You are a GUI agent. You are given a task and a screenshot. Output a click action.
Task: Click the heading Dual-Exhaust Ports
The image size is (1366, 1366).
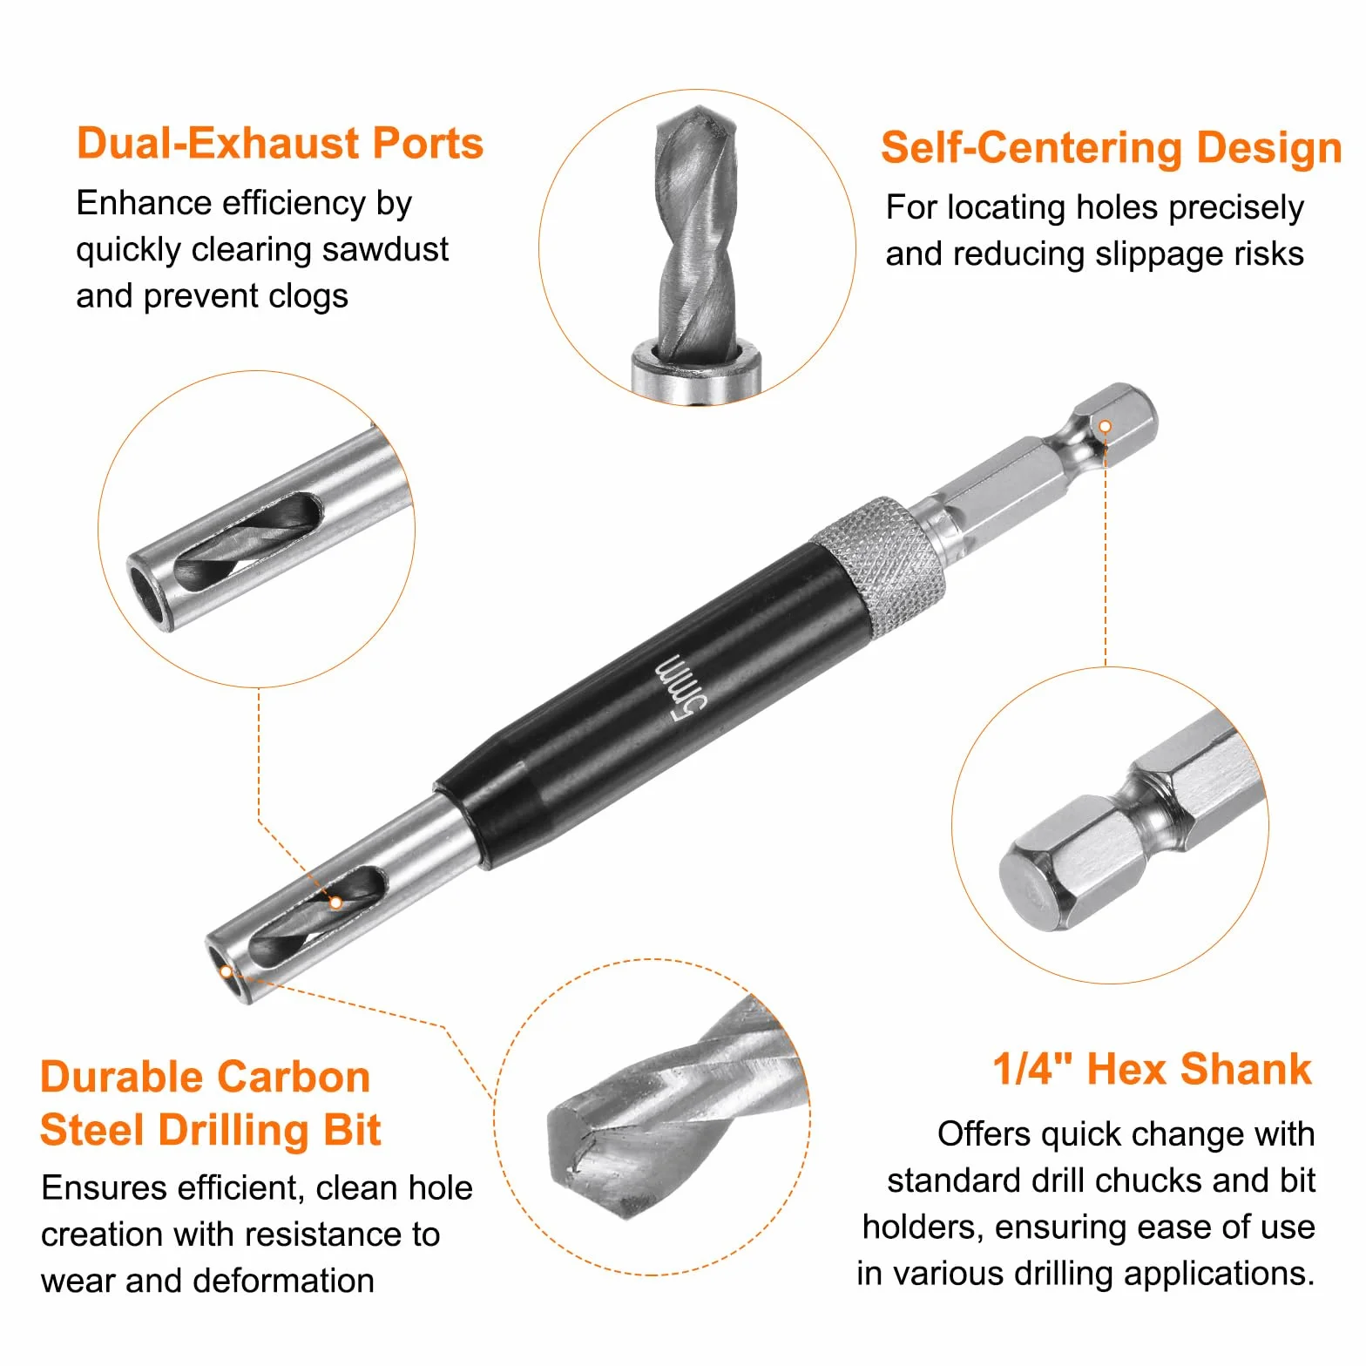pos(280,143)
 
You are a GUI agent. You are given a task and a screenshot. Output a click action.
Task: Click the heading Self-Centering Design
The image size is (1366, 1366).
pos(1111,147)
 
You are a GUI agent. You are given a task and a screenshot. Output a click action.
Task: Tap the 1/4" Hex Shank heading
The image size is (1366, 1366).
pos(1152,1069)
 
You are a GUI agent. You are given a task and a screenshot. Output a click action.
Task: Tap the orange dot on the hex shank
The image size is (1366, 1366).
pos(1105,427)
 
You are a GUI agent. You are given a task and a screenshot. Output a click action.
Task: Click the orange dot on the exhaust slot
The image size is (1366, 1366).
pos(335,903)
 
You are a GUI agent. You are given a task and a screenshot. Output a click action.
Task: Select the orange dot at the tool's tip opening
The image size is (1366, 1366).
pos(227,971)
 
